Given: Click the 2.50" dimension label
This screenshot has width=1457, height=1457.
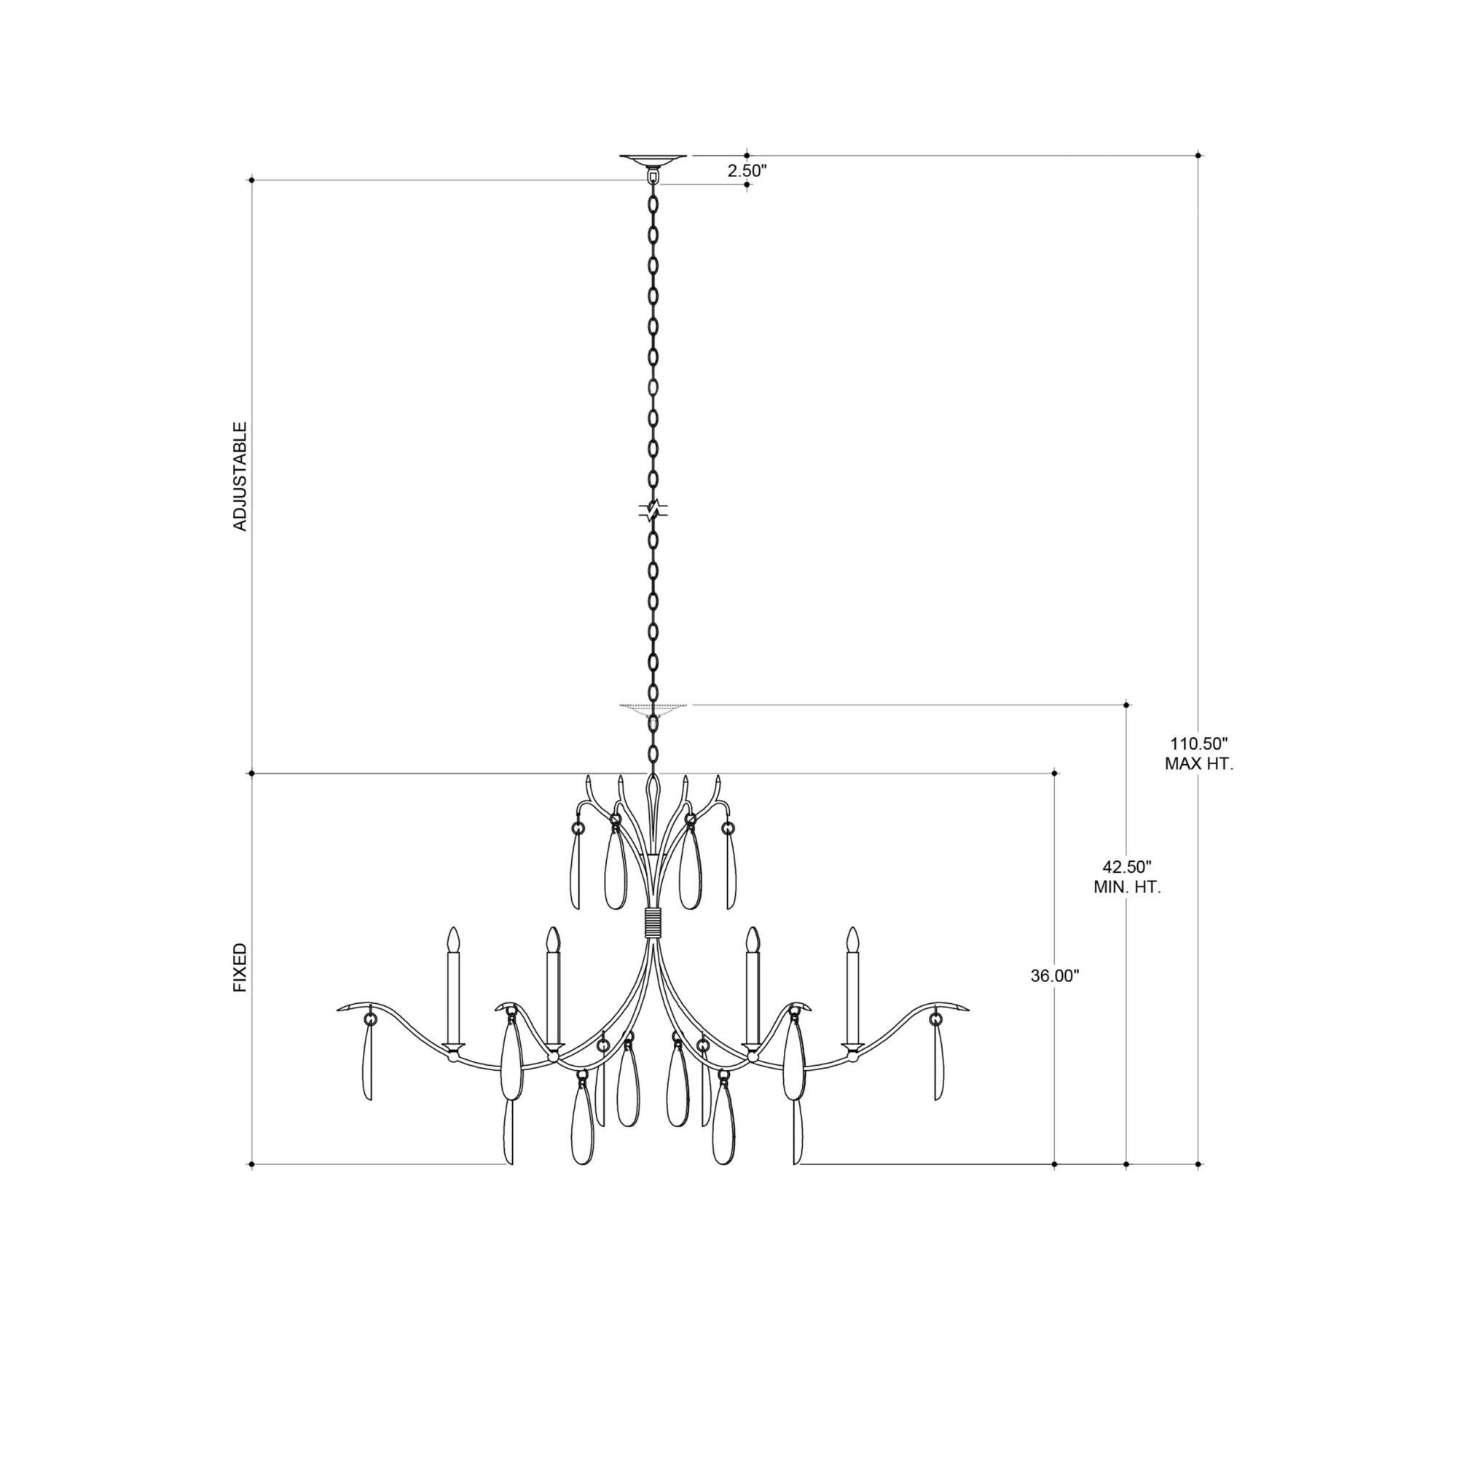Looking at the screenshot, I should click(x=747, y=171).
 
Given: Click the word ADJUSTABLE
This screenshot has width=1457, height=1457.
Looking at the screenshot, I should click(x=240, y=476).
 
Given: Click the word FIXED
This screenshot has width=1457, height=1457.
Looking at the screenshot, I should click(x=240, y=967).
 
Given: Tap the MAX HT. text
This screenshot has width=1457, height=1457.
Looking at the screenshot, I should click(x=1199, y=764).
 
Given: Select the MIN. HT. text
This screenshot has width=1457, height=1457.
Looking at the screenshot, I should click(x=1127, y=887).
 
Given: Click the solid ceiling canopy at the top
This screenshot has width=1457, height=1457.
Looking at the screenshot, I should click(x=653, y=160).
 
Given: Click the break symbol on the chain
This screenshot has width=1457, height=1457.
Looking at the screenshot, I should click(x=653, y=511).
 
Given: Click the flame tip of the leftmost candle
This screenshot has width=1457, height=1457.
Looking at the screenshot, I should click(x=453, y=939).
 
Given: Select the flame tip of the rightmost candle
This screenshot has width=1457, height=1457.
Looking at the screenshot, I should click(x=853, y=939).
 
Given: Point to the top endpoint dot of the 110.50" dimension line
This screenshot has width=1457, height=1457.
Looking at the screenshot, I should click(x=1198, y=155).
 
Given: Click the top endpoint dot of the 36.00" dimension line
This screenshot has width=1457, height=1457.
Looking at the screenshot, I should click(x=1054, y=773).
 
